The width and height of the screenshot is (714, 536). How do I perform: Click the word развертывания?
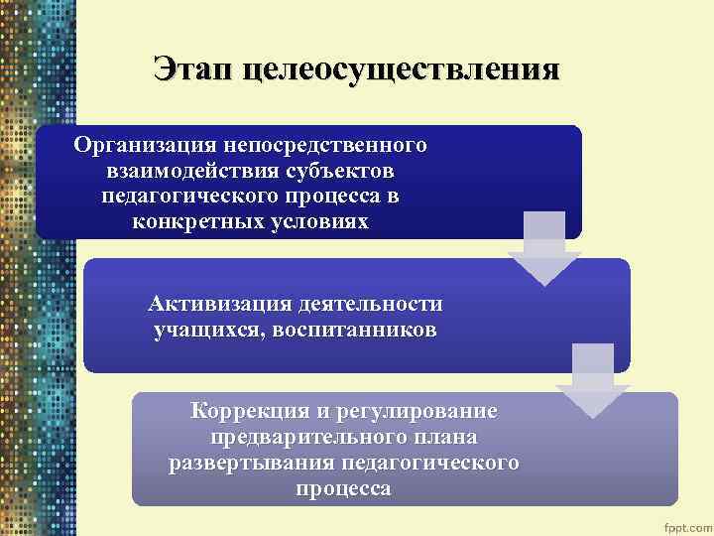point(252,463)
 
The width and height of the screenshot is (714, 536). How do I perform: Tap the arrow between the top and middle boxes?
point(543,248)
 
